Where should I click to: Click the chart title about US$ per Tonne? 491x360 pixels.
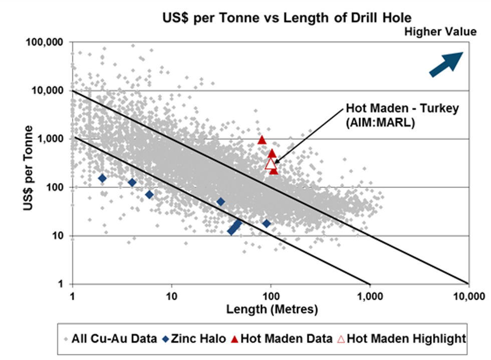287,18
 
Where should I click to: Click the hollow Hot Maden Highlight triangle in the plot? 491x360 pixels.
271,163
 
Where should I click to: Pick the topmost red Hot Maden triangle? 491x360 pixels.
262,140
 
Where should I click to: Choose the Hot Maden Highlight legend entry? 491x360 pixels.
401,338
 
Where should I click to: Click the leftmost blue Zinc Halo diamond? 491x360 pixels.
102,178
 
